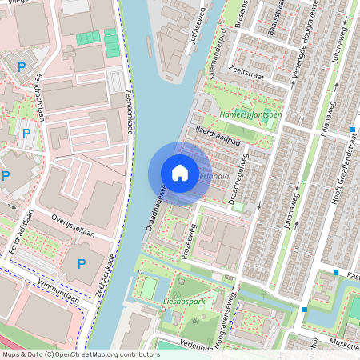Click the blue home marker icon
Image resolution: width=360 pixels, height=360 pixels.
click(x=180, y=173)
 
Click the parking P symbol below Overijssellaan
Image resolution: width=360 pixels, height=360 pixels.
click(x=81, y=264)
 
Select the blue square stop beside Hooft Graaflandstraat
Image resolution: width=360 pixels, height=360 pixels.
click(x=353, y=129)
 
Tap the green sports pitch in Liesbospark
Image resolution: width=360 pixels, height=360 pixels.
click(x=150, y=286)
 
